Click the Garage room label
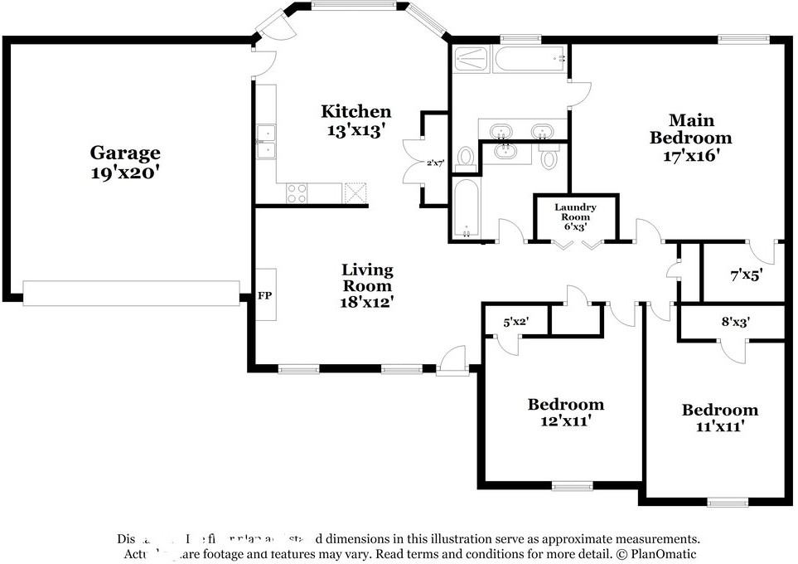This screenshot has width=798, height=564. pyautogui.click(x=125, y=163)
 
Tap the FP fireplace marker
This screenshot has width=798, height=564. pyautogui.click(x=265, y=295)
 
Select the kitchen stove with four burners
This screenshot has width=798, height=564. pyautogui.click(x=297, y=192)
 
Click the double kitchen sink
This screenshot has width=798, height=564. pyautogui.click(x=267, y=142)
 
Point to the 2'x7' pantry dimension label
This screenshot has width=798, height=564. pyautogui.click(x=436, y=163)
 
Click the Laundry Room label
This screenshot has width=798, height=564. pyautogui.click(x=575, y=216)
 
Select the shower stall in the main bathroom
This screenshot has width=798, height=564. pyautogui.click(x=470, y=60)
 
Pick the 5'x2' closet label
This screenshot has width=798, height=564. pyautogui.click(x=515, y=322)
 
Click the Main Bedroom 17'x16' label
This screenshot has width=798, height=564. pyautogui.click(x=690, y=138)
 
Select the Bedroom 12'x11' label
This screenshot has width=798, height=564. pyautogui.click(x=566, y=412)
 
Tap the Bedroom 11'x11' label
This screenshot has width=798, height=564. pyautogui.click(x=719, y=418)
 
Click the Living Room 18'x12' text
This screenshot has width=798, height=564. pyautogui.click(x=367, y=286)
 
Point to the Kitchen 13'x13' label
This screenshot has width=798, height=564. pyautogui.click(x=356, y=120)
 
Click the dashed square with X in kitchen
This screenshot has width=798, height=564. pyautogui.click(x=355, y=192)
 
